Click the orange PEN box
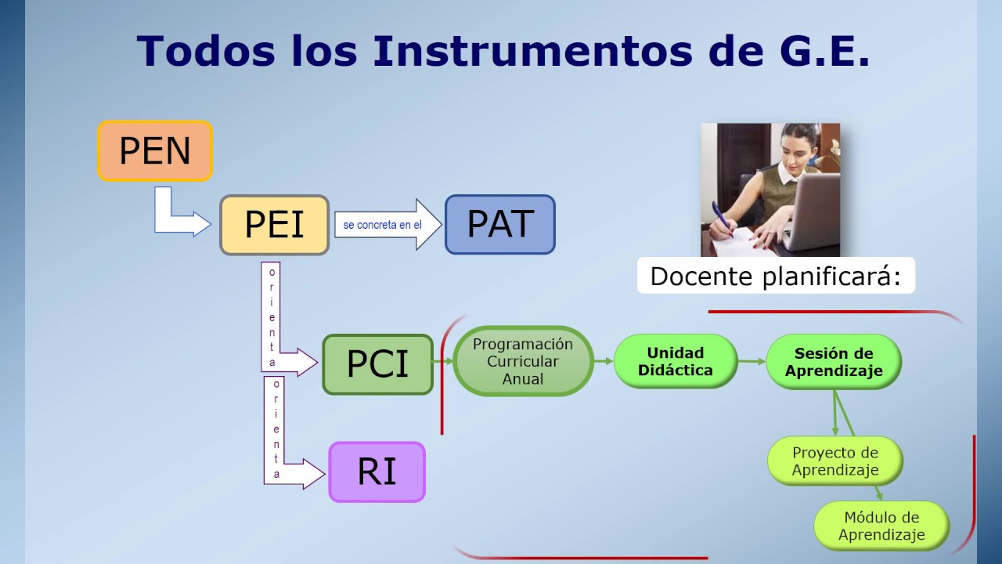(x=155, y=151)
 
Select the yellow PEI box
(x=274, y=225)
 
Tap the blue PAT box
(x=499, y=224)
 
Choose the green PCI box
(x=377, y=364)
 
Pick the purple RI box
(x=377, y=472)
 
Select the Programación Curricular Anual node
(x=522, y=361)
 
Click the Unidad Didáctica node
(x=675, y=361)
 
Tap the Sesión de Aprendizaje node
(x=833, y=362)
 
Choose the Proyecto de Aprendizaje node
(x=834, y=461)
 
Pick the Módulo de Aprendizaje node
(x=881, y=526)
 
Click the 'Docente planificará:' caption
(x=775, y=276)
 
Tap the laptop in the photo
(x=810, y=208)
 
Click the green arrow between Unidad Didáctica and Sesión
(x=751, y=361)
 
